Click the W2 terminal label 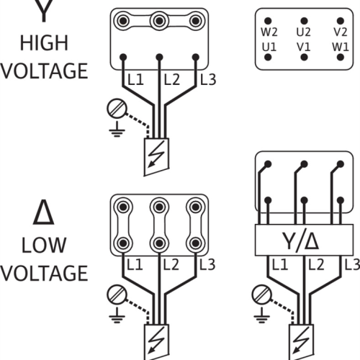[269, 32]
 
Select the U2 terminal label [304, 32]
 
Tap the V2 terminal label [341, 32]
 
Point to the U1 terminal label [269, 47]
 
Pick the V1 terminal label [304, 47]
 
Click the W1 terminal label [341, 47]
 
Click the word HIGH [44, 43]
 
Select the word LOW [44, 245]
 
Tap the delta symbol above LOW [43, 213]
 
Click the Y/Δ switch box [304, 240]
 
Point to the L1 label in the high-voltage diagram [135, 80]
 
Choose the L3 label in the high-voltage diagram [208, 80]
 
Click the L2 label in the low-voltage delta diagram [171, 265]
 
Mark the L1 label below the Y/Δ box [280, 265]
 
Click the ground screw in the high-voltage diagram [117, 108]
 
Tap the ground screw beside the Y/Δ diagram [262, 294]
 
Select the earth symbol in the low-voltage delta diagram [117, 315]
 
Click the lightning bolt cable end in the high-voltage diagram [156, 157]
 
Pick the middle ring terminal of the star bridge [159, 21]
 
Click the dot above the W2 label [268, 21]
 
